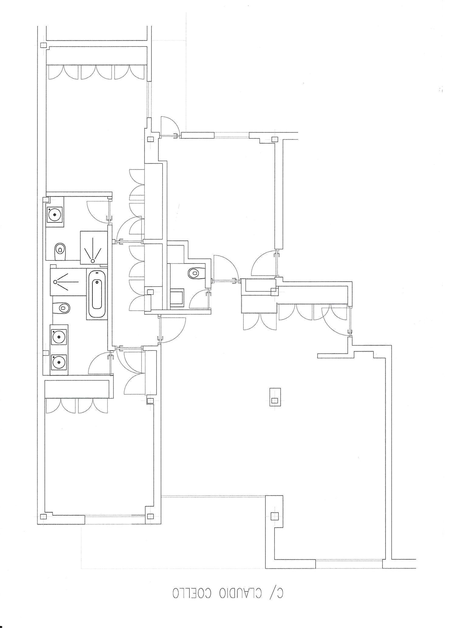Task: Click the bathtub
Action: pos(97,294)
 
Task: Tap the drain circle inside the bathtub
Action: pos(97,283)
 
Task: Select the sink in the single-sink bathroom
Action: pos(55,215)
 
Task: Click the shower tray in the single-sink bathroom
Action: pos(94,247)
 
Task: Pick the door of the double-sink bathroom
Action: pos(100,363)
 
